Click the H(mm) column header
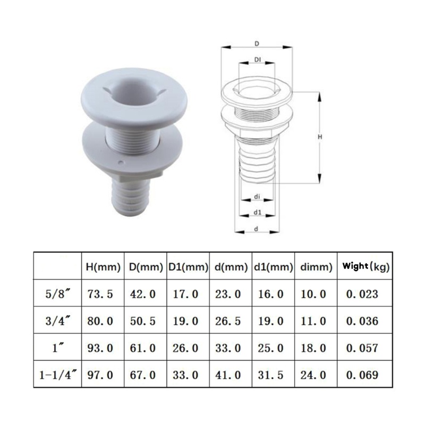click(x=103, y=267)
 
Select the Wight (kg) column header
click(x=365, y=267)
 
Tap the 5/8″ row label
click(x=58, y=294)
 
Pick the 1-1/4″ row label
click(x=58, y=375)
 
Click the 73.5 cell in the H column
click(x=100, y=294)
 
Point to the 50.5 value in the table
click(x=143, y=321)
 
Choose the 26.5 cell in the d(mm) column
click(x=228, y=321)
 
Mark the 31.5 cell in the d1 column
click(x=270, y=375)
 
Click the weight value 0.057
click(x=362, y=348)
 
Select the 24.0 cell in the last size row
click(x=313, y=375)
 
